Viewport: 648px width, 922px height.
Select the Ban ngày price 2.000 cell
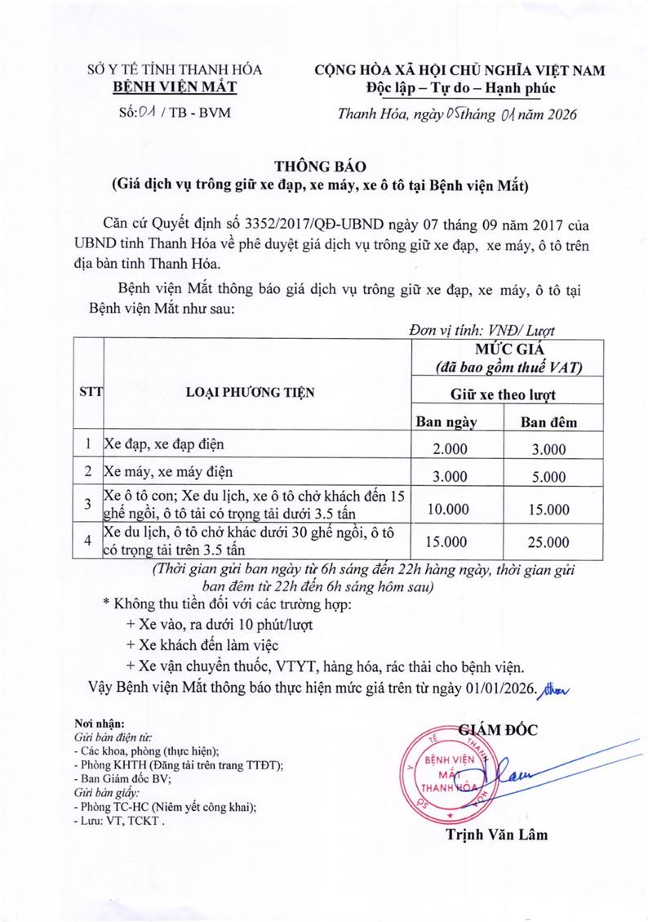pyautogui.click(x=448, y=448)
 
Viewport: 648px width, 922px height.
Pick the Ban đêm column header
pyautogui.click(x=548, y=421)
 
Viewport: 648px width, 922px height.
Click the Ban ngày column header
pyautogui.click(x=446, y=421)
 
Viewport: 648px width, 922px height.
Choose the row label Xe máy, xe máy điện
pyautogui.click(x=168, y=472)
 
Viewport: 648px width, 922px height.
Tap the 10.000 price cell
pyautogui.click(x=448, y=509)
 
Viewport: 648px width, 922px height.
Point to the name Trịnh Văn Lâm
pyautogui.click(x=496, y=834)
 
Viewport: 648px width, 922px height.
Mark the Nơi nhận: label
pyautogui.click(x=99, y=724)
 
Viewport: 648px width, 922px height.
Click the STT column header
pyautogui.click(x=90, y=390)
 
